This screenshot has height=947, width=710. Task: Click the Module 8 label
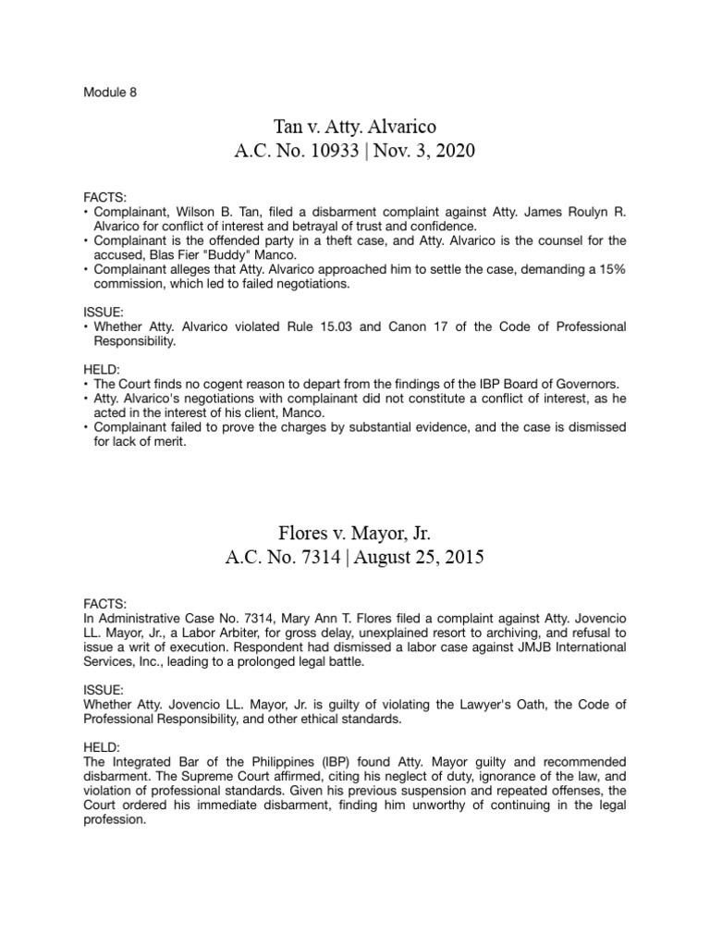(110, 93)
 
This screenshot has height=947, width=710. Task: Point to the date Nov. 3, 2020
(423, 151)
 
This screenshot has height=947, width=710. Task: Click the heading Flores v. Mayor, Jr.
(354, 534)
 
